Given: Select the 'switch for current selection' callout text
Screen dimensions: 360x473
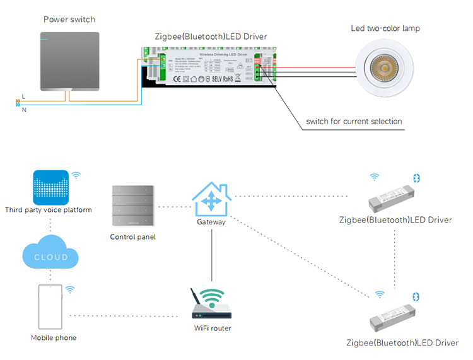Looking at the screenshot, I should [x=354, y=121].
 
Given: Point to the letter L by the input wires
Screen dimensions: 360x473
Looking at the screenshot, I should [x=23, y=95].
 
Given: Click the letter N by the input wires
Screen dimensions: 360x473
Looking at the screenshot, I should [x=23, y=110].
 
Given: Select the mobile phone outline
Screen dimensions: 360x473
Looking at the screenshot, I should [x=50, y=308].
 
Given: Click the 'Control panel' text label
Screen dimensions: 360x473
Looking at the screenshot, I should [x=132, y=237].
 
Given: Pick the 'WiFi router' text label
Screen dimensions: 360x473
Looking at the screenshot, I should [x=213, y=328].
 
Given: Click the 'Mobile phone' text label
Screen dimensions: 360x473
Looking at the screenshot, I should [x=54, y=338].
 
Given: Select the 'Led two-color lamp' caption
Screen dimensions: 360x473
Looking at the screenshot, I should [x=385, y=28].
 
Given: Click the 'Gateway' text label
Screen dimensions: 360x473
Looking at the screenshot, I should [x=211, y=223].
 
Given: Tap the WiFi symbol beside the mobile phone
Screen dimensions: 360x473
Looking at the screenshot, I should [x=70, y=289].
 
